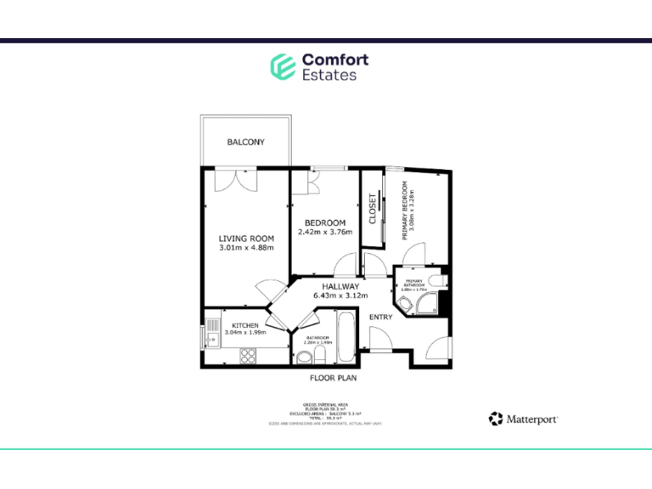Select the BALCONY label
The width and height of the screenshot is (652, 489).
[x=245, y=143]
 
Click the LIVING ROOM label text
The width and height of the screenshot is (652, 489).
[x=246, y=239]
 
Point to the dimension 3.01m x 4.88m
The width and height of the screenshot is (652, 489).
[x=246, y=249]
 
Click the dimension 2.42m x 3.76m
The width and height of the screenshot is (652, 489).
[x=324, y=232]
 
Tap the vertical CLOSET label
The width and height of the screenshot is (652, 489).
[x=373, y=209]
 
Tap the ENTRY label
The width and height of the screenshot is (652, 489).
[x=380, y=317]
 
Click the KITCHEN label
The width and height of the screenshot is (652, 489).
[x=245, y=325]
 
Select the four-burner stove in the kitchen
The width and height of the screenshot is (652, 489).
[x=250, y=354]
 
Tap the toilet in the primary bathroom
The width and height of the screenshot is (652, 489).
[x=435, y=281]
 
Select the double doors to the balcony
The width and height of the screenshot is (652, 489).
[x=232, y=180]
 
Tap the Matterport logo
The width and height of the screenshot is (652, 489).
[x=523, y=419]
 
